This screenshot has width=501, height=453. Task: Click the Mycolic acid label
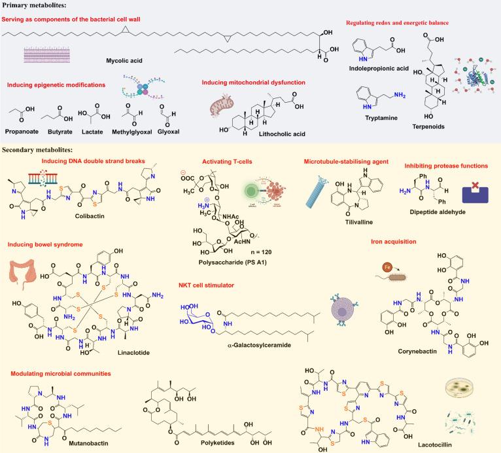pos(124,61)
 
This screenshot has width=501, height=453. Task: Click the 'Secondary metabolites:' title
pos(41,150)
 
